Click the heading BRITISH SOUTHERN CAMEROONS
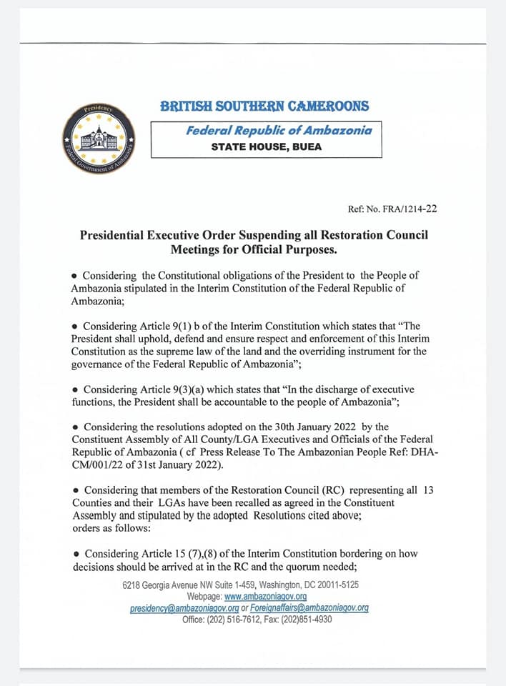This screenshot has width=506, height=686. click(x=264, y=106)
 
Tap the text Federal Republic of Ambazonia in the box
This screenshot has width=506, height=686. click(x=265, y=130)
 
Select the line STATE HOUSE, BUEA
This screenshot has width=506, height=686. click(x=266, y=146)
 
